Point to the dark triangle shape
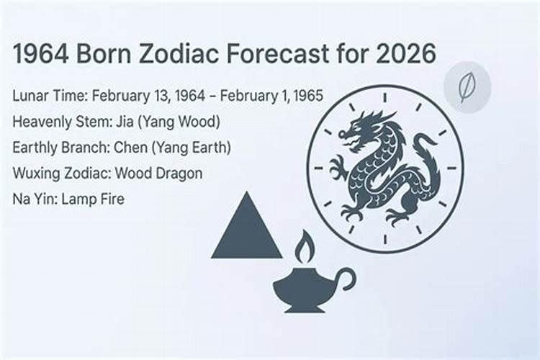246,228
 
